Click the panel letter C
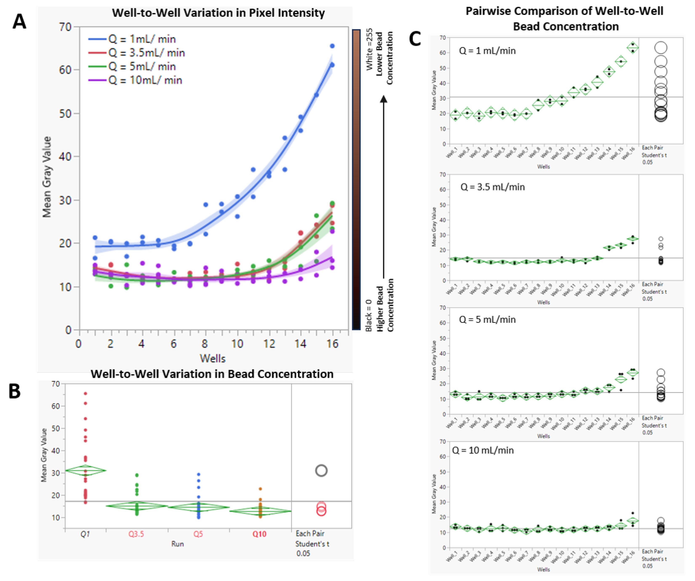click(415, 39)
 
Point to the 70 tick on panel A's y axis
click(65, 27)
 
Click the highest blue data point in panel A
click(332, 46)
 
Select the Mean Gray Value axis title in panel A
click(47, 177)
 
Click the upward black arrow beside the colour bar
click(384, 185)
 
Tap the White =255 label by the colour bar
click(369, 50)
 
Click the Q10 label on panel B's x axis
click(259, 534)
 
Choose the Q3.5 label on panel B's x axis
click(136, 534)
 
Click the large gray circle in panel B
click(321, 471)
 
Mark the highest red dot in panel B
click(85, 393)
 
